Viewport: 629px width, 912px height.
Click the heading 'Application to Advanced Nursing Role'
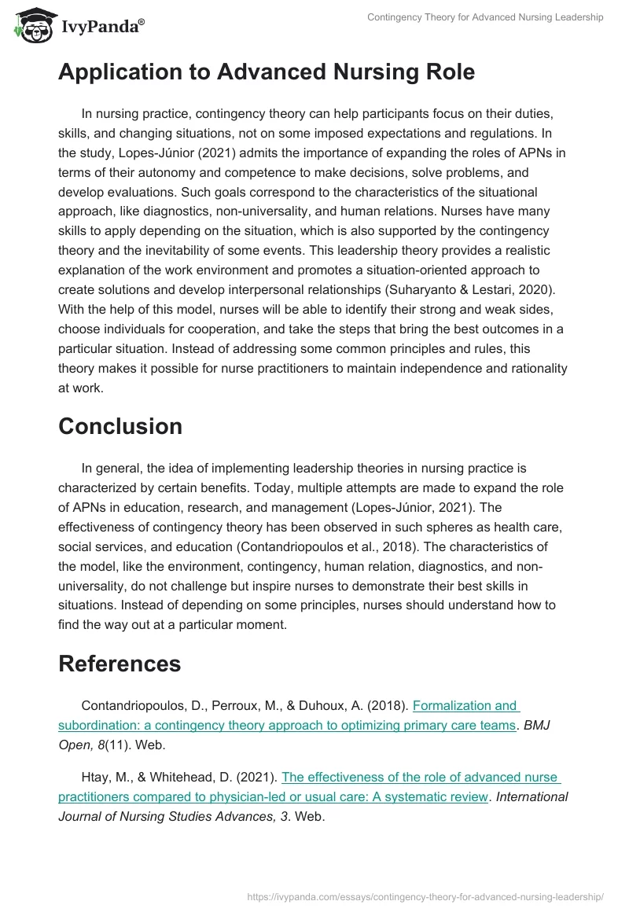click(267, 72)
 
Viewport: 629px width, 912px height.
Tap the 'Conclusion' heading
click(120, 426)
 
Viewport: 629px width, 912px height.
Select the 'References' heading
click(120, 664)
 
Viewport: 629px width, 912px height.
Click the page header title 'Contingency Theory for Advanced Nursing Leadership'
click(485, 17)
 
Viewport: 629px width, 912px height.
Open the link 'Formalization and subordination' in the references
click(287, 715)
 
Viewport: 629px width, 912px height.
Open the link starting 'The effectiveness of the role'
click(308, 787)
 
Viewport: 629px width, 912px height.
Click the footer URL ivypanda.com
click(425, 895)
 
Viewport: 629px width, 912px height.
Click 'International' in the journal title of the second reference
click(532, 796)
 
